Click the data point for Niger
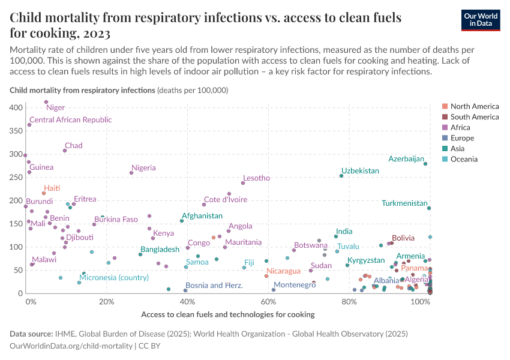[x=46, y=102]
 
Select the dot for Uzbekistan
[x=341, y=176]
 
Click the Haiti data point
[x=44, y=193]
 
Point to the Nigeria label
[x=143, y=168]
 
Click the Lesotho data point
[x=243, y=183]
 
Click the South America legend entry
[x=474, y=117]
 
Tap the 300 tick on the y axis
[x=16, y=154]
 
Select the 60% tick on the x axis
[x=268, y=301]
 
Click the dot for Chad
[x=65, y=151]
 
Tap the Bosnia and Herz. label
[x=214, y=286]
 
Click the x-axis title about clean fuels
[x=227, y=314]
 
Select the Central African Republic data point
[x=29, y=125]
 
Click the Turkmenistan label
[x=404, y=203]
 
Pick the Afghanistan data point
[x=182, y=221]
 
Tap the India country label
[x=344, y=232]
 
